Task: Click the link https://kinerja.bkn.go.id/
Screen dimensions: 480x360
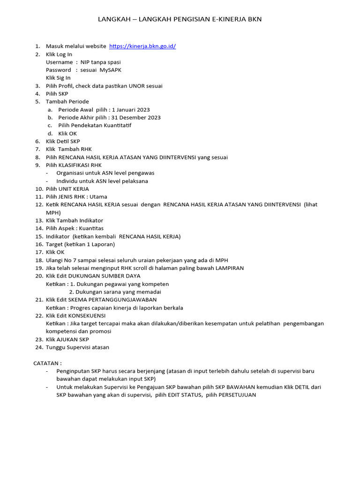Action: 142,46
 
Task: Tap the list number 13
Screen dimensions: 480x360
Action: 39,220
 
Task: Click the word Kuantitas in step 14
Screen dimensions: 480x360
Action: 91,228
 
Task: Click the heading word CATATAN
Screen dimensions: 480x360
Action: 46,363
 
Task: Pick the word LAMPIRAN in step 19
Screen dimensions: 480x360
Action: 229,268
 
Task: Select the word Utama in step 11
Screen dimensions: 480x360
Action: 98,197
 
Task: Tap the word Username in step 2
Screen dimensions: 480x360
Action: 59,62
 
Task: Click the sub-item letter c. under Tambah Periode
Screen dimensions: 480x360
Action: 50,126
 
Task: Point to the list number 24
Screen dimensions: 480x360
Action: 39,347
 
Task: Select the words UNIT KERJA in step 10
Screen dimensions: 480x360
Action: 75,189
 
